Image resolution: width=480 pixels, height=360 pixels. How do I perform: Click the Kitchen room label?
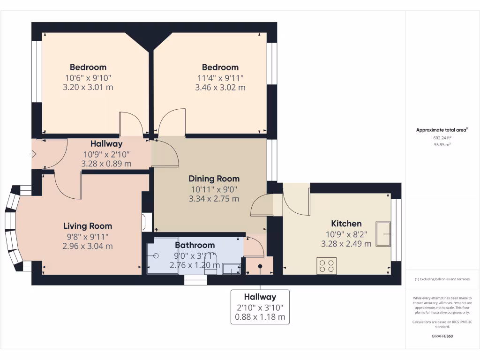coord(346,224)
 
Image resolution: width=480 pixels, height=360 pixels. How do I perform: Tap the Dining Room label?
coord(214,179)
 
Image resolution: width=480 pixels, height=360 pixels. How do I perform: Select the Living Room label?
coord(88,226)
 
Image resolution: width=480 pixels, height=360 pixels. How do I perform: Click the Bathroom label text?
coord(195,245)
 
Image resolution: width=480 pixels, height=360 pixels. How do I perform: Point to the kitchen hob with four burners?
coord(326,266)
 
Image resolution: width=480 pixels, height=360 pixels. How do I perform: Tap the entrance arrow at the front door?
coord(33,154)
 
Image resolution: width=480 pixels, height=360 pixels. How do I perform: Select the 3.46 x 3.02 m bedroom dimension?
coord(220,87)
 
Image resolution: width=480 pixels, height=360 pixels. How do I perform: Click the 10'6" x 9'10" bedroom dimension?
coord(88,77)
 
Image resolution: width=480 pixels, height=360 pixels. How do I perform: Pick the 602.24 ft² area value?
coord(442,138)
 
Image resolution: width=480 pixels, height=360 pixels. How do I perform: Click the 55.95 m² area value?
coord(442,145)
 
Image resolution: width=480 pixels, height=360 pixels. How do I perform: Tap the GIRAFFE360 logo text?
coord(442,336)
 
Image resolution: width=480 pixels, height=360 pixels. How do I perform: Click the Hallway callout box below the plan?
coord(260,307)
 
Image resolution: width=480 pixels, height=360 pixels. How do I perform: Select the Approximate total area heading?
coord(442,130)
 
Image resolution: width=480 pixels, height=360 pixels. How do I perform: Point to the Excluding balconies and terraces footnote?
coord(442,279)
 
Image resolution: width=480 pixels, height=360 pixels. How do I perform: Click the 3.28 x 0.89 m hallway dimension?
coord(106,164)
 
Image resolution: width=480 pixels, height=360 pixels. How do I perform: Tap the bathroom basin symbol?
coord(230,269)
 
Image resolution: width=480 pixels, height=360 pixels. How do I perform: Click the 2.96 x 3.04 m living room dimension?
coord(88,246)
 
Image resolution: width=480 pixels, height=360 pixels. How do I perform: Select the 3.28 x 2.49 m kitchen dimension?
coord(346,244)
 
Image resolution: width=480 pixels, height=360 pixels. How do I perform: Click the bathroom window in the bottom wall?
coord(195,280)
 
